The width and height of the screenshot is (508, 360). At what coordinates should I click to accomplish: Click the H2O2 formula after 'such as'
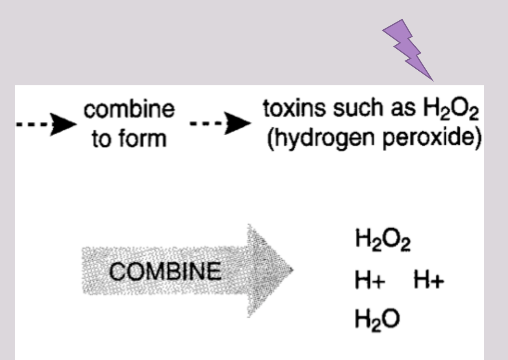(451, 108)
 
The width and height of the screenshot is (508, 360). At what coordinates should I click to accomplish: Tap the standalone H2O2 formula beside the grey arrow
(383, 239)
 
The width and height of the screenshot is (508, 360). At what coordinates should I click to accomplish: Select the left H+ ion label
(370, 280)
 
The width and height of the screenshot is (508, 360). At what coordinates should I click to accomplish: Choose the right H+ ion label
(429, 280)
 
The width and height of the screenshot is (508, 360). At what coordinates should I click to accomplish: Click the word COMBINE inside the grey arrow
(165, 271)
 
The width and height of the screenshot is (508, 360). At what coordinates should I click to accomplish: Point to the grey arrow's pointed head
(293, 270)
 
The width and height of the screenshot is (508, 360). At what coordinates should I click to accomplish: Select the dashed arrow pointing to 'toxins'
(220, 124)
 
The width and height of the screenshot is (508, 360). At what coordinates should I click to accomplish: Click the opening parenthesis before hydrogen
(270, 139)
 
